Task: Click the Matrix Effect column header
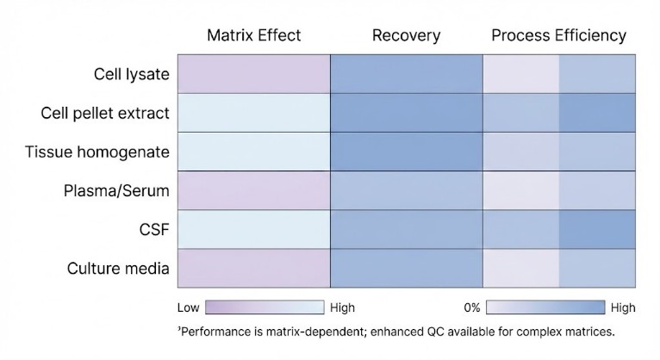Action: [x=253, y=36]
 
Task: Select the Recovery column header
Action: [x=406, y=36]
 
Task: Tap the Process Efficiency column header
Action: [x=558, y=36]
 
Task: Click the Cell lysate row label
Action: [x=131, y=74]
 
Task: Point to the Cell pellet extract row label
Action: [x=105, y=113]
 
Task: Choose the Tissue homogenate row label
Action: [x=97, y=152]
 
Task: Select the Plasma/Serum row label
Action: [x=117, y=190]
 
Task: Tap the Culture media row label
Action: [x=118, y=268]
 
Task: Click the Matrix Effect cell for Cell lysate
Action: [x=253, y=74]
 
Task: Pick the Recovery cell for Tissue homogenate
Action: [x=406, y=152]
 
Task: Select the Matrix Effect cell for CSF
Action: [x=253, y=229]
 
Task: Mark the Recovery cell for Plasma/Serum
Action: [x=406, y=190]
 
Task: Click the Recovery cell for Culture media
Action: [x=406, y=268]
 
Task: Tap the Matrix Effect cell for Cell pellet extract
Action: [x=253, y=113]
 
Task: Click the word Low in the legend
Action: [x=188, y=307]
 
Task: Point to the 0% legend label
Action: [x=470, y=307]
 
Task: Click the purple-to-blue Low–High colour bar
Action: [x=264, y=307]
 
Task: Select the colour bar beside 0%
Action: [x=545, y=307]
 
